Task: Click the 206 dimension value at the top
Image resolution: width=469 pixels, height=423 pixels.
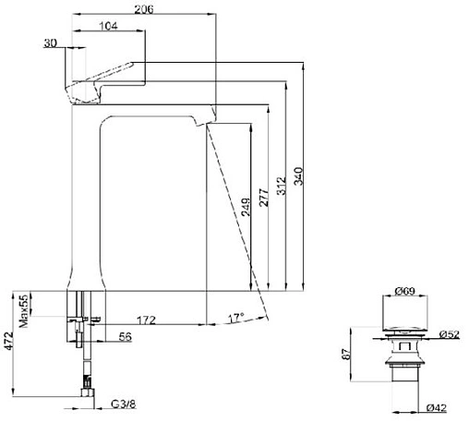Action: pyautogui.click(x=144, y=9)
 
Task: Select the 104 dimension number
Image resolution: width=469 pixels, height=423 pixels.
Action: pyautogui.click(x=108, y=26)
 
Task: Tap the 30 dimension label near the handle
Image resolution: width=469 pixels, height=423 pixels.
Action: pyautogui.click(x=50, y=43)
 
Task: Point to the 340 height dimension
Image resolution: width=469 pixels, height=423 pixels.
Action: pyautogui.click(x=298, y=176)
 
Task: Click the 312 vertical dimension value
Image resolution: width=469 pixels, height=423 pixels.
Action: pyautogui.click(x=281, y=186)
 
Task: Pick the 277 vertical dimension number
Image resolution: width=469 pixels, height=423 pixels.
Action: pyautogui.click(x=264, y=198)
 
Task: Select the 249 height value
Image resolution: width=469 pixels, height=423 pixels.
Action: pyautogui.click(x=246, y=207)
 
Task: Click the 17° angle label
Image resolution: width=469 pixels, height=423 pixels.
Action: pyautogui.click(x=236, y=318)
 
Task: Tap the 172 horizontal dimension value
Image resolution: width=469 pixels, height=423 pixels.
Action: pyautogui.click(x=146, y=320)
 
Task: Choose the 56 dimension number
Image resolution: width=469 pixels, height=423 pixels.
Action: pyautogui.click(x=126, y=337)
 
